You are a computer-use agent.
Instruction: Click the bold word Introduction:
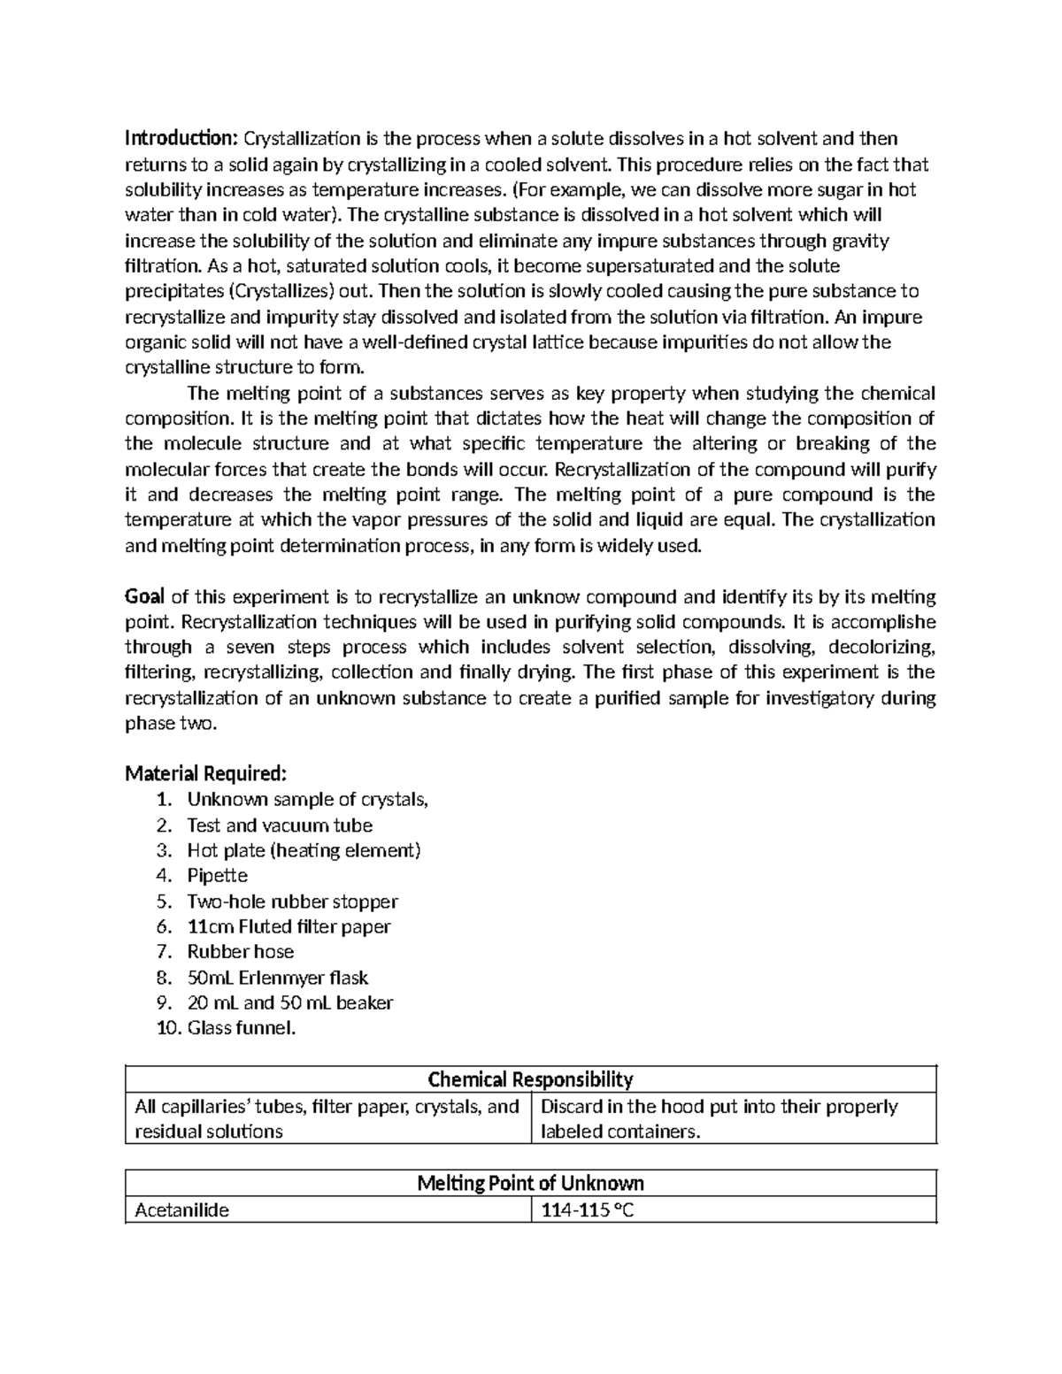pos(181,138)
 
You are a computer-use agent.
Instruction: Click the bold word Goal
pos(145,596)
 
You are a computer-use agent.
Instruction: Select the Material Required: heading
pos(205,774)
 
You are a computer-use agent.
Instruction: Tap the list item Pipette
pos(218,876)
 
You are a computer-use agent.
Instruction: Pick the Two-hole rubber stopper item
pos(292,902)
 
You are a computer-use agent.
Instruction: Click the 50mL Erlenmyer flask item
pos(277,978)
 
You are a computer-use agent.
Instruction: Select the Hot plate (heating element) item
pos(304,850)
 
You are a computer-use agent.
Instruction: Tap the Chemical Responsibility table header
pos(530,1079)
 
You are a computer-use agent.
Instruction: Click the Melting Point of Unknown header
pos(530,1184)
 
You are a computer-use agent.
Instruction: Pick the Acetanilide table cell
pos(181,1210)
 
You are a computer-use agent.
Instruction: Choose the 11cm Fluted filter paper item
pos(289,926)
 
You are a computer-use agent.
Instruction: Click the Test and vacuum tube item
pos(280,825)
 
